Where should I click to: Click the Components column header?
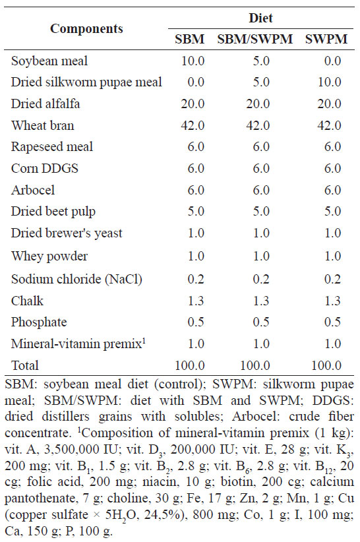tap(86, 28)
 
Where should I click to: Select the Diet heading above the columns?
tap(261, 18)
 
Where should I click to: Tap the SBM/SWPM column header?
tap(255, 39)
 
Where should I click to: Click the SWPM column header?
tap(326, 39)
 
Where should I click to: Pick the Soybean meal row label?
tap(49, 61)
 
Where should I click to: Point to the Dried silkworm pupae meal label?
tap(86, 82)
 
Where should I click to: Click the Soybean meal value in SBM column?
tap(193, 61)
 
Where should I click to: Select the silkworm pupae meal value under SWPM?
tap(330, 82)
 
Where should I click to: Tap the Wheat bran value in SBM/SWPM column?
tap(258, 125)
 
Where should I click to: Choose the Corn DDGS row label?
tap(45, 168)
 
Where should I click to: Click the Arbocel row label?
tap(33, 190)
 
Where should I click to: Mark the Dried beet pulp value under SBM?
tap(196, 211)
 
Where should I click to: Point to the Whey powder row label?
tap(49, 256)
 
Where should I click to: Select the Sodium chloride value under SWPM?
tap(333, 279)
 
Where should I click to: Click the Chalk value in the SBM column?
tap(196, 301)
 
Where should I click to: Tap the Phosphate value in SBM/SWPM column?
tap(261, 322)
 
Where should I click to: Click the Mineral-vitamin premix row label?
tap(78, 344)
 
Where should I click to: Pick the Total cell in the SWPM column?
tap(326, 365)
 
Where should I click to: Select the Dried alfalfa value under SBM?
tap(193, 104)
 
